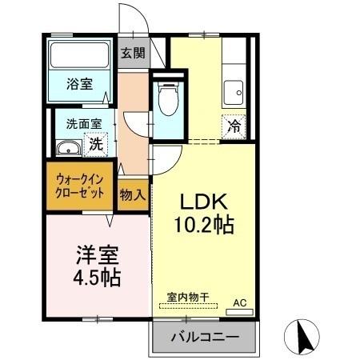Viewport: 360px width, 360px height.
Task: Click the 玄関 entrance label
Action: pyautogui.click(x=133, y=54)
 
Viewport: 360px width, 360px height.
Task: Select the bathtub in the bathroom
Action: pyautogui.click(x=78, y=56)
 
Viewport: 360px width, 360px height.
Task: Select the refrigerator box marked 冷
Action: pyautogui.click(x=234, y=126)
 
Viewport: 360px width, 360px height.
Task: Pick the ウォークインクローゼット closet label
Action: pyautogui.click(x=80, y=186)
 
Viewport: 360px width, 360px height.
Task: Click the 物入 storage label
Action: pyautogui.click(x=133, y=194)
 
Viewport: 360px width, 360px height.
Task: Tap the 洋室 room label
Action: pyautogui.click(x=98, y=257)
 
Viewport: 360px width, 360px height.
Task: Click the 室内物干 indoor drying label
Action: pyautogui.click(x=188, y=298)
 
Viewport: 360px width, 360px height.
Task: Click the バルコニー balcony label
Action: pyautogui.click(x=204, y=338)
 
